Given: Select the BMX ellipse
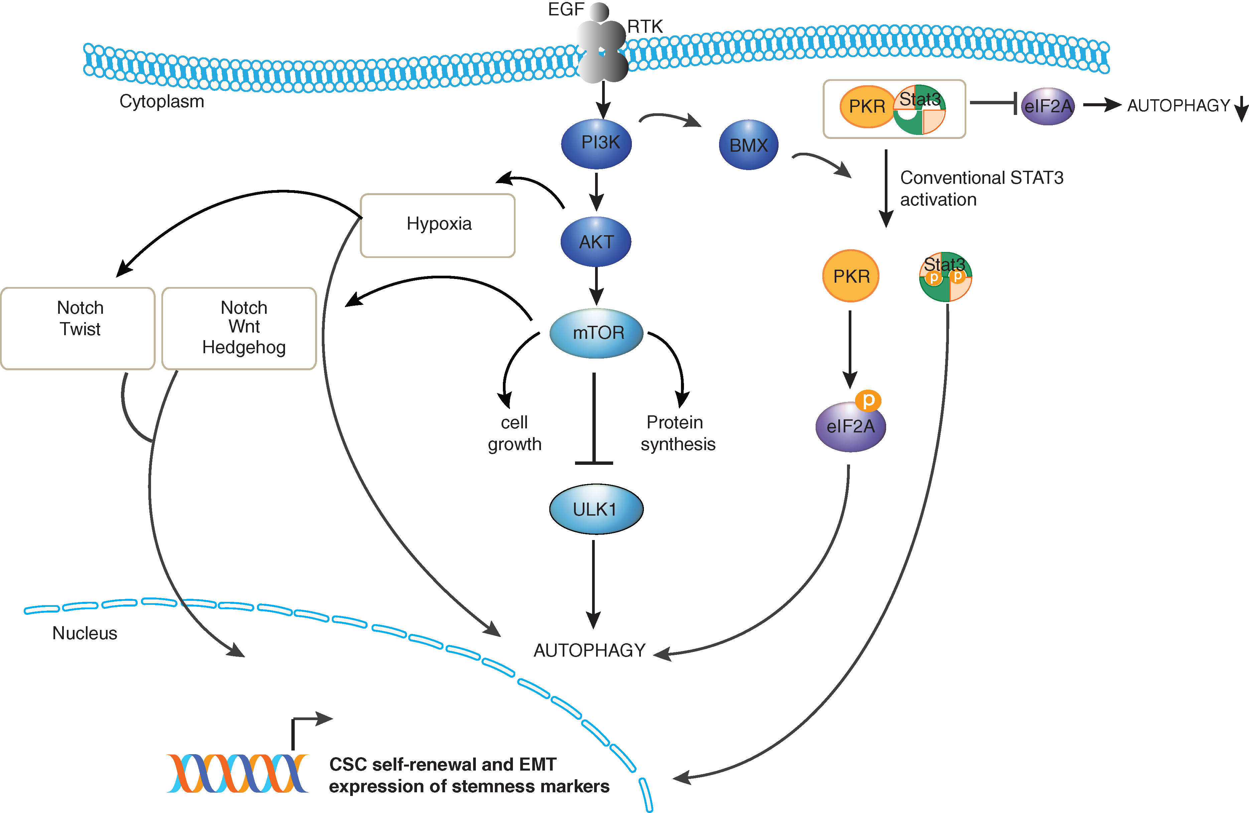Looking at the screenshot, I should point(748,145).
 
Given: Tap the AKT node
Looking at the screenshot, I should point(596,242).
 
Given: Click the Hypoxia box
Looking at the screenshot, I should point(438,225).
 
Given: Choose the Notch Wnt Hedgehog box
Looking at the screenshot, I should point(239,328).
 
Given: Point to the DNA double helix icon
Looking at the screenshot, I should point(237,773).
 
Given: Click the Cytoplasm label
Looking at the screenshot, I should point(162,101).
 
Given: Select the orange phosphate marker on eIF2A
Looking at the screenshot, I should point(868,400).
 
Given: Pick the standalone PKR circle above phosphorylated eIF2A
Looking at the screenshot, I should point(851,276).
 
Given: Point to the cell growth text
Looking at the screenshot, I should point(514,433).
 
